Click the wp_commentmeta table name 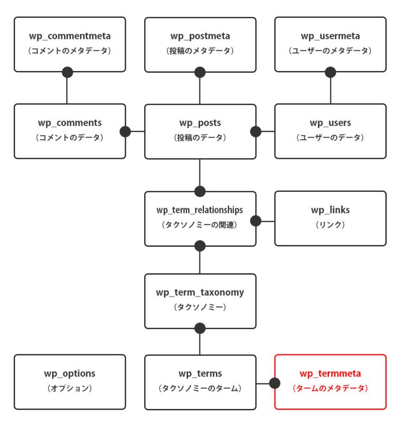tap(70, 36)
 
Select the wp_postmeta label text tap(200, 36)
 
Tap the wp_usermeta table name tap(330, 36)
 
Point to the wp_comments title tap(70, 123)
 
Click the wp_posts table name tap(200, 123)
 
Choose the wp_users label tap(330, 123)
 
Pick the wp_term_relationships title tap(200, 210)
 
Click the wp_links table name tap(330, 210)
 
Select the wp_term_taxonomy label tap(200, 292)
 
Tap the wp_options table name tap(70, 374)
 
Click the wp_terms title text tap(200, 374)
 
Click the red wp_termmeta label tap(330, 374)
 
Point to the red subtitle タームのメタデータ tap(330, 389)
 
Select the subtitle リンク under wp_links tap(330, 225)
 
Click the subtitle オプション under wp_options tap(70, 389)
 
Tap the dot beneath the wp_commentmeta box tap(67, 72)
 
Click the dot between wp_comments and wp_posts tap(125, 131)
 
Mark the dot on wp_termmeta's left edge tap(275, 383)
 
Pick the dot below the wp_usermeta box tap(330, 72)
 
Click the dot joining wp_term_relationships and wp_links tap(256, 221)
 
